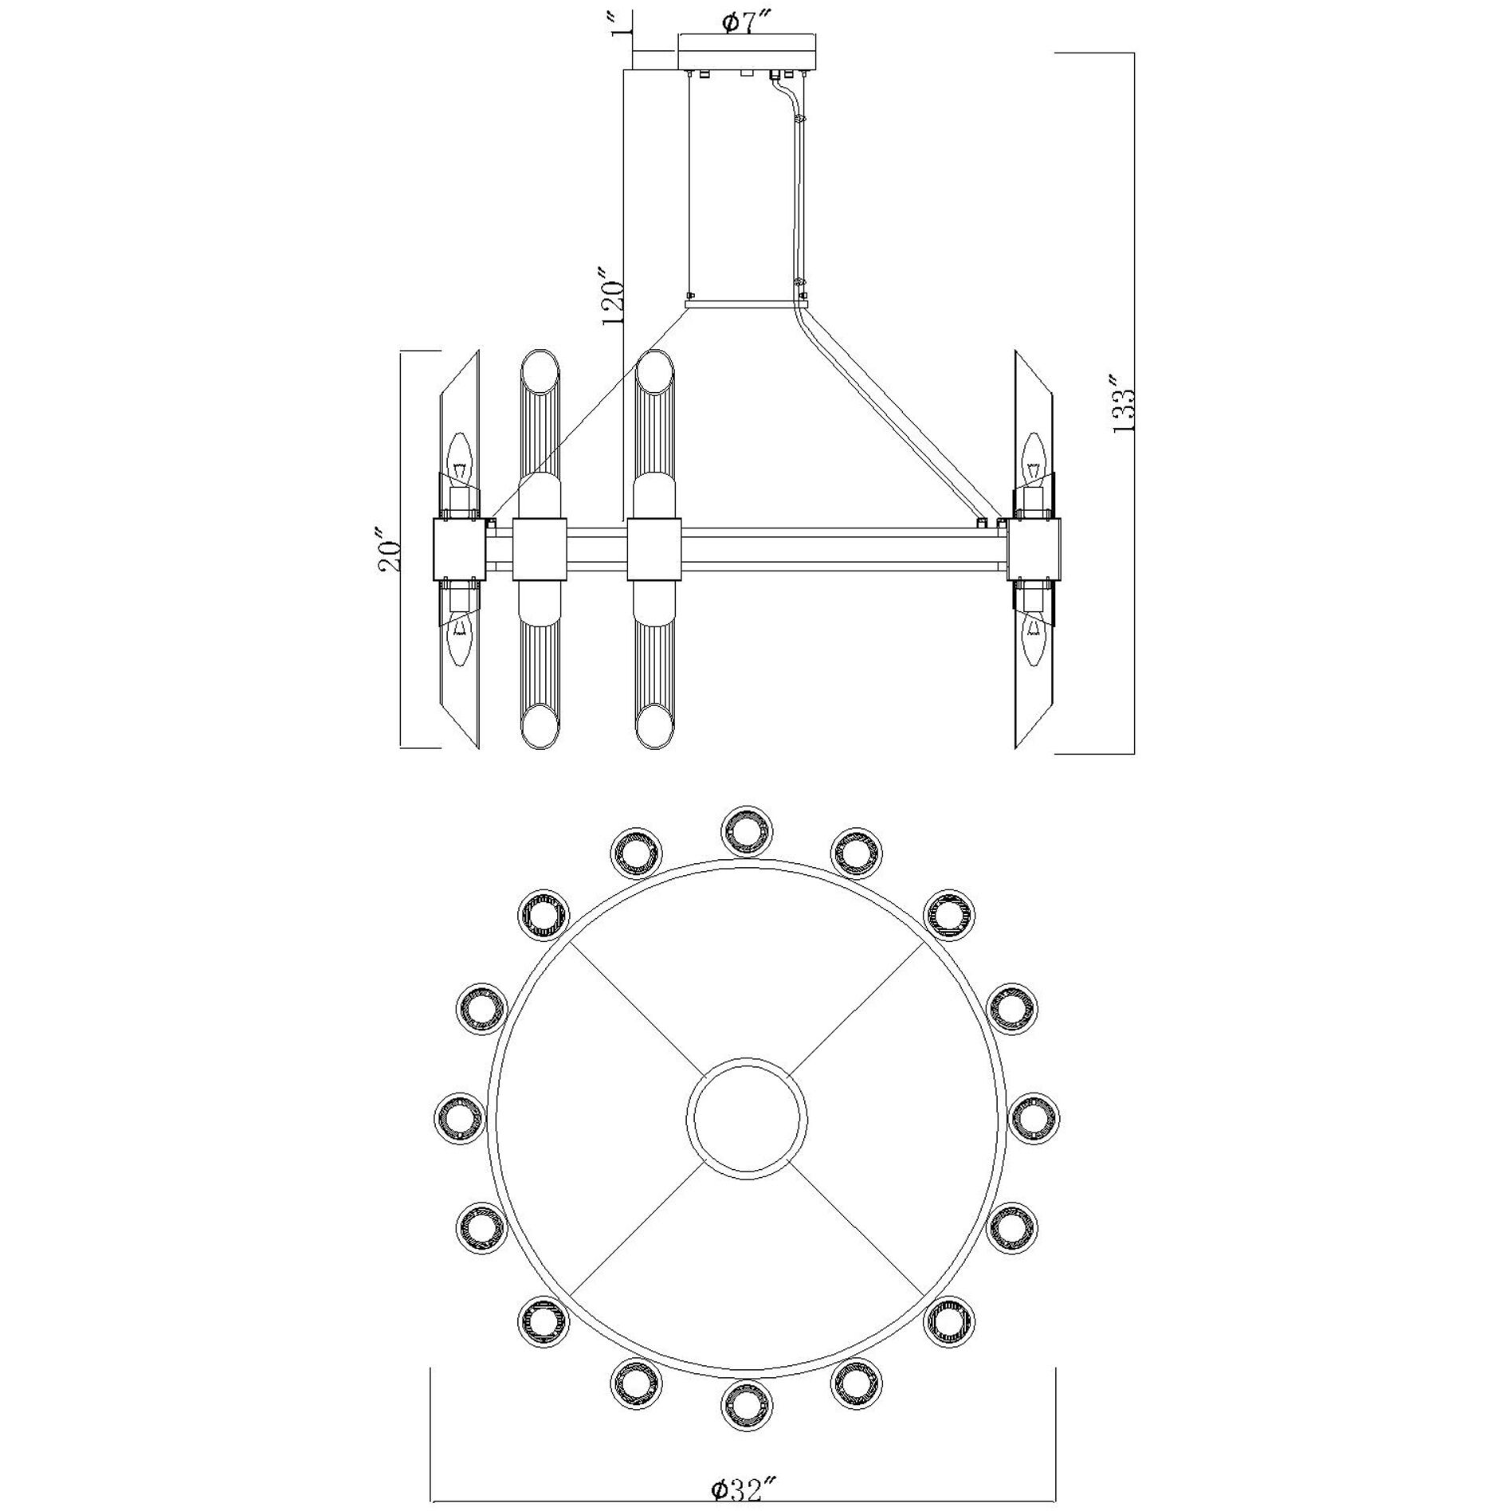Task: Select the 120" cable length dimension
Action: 612,302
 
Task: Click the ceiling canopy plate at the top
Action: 747,52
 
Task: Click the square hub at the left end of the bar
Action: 460,549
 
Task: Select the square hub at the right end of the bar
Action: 1034,549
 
